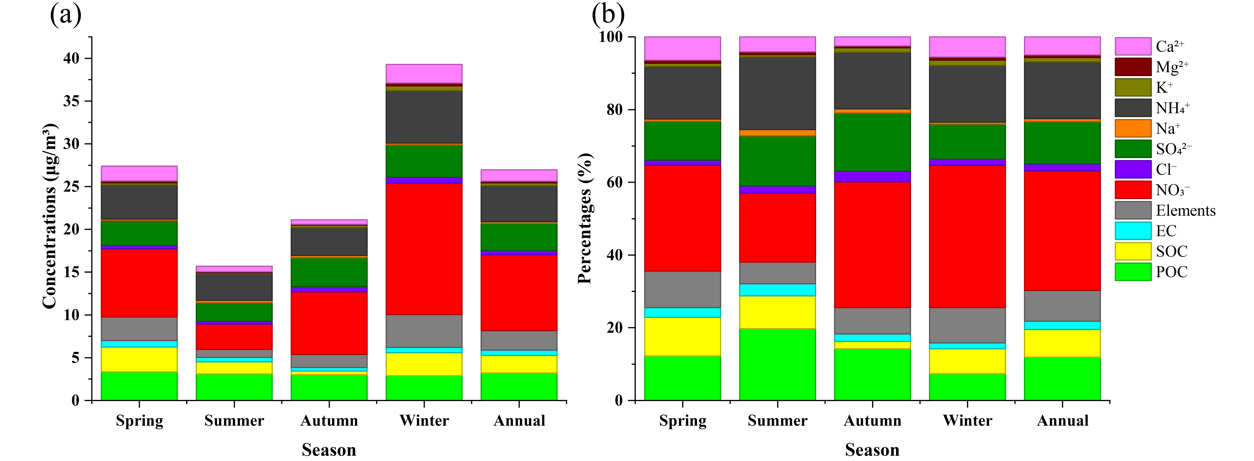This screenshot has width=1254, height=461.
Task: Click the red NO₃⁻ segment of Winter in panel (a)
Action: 424,249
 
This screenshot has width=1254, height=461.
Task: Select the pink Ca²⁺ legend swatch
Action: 1133,46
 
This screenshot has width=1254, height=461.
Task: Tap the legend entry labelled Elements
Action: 1185,210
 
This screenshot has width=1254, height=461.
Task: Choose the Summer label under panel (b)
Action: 777,421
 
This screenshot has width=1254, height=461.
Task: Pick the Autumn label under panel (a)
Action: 329,421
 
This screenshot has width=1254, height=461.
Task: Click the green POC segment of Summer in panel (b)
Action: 777,365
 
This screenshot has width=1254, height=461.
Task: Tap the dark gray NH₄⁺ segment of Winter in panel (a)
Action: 424,117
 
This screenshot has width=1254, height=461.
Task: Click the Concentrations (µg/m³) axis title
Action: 50,216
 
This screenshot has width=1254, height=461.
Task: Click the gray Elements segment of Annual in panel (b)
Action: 1062,306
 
